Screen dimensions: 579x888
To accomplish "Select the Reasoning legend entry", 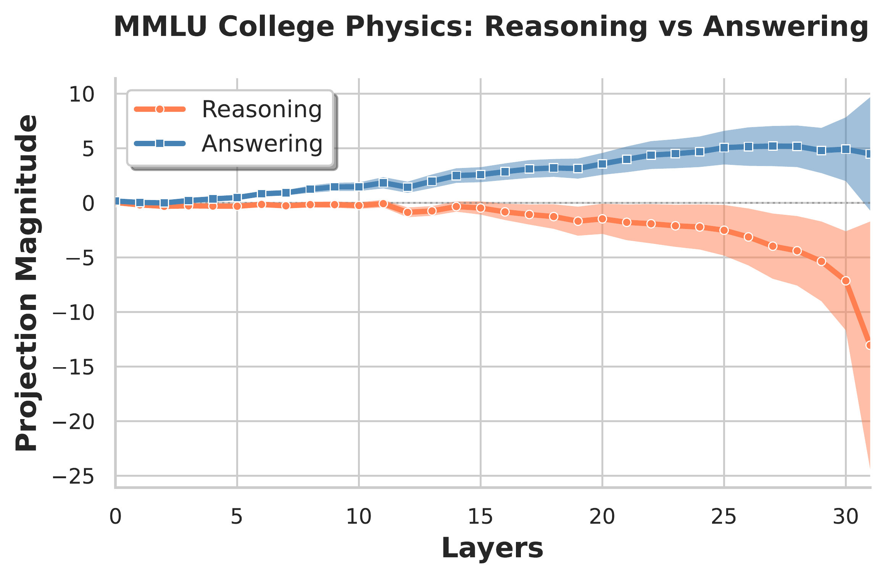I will [262, 110].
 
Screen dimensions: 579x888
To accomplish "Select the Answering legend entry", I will [262, 144].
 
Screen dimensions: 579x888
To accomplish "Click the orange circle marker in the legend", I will [160, 110].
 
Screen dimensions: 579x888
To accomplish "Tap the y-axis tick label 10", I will [81, 94].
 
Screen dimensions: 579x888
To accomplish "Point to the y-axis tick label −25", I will [74, 476].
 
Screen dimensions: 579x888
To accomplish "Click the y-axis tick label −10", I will [74, 313].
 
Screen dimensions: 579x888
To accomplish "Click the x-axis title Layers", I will [492, 548].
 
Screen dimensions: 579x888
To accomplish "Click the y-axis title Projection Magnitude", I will [27, 282].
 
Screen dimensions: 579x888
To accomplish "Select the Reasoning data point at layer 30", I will [846, 281].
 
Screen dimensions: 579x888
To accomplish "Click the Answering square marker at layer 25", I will [724, 148].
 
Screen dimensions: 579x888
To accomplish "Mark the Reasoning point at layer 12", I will [408, 212].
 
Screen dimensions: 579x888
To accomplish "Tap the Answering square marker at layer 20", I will [602, 164].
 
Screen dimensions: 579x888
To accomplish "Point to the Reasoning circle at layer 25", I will [724, 231].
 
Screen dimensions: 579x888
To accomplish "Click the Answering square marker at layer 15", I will [480, 174].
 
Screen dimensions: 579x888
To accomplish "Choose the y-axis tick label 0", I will [88, 203].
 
